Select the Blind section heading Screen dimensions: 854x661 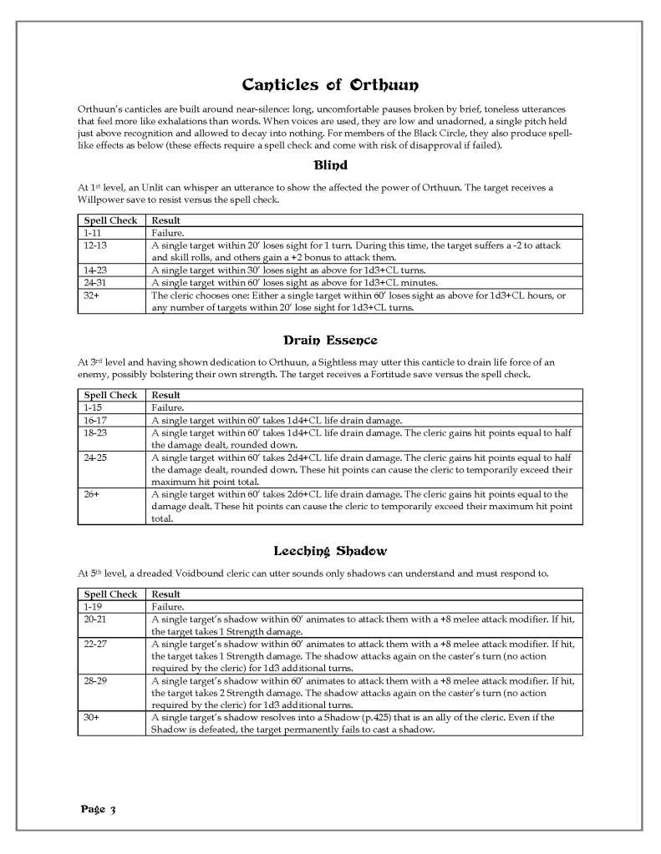pos(330,165)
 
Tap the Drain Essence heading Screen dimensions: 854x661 pos(330,340)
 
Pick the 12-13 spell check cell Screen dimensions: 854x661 pos(95,246)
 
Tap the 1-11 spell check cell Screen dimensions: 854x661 pos(92,234)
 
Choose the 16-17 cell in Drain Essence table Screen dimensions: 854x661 pos(95,420)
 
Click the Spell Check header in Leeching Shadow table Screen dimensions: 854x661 pos(110,594)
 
